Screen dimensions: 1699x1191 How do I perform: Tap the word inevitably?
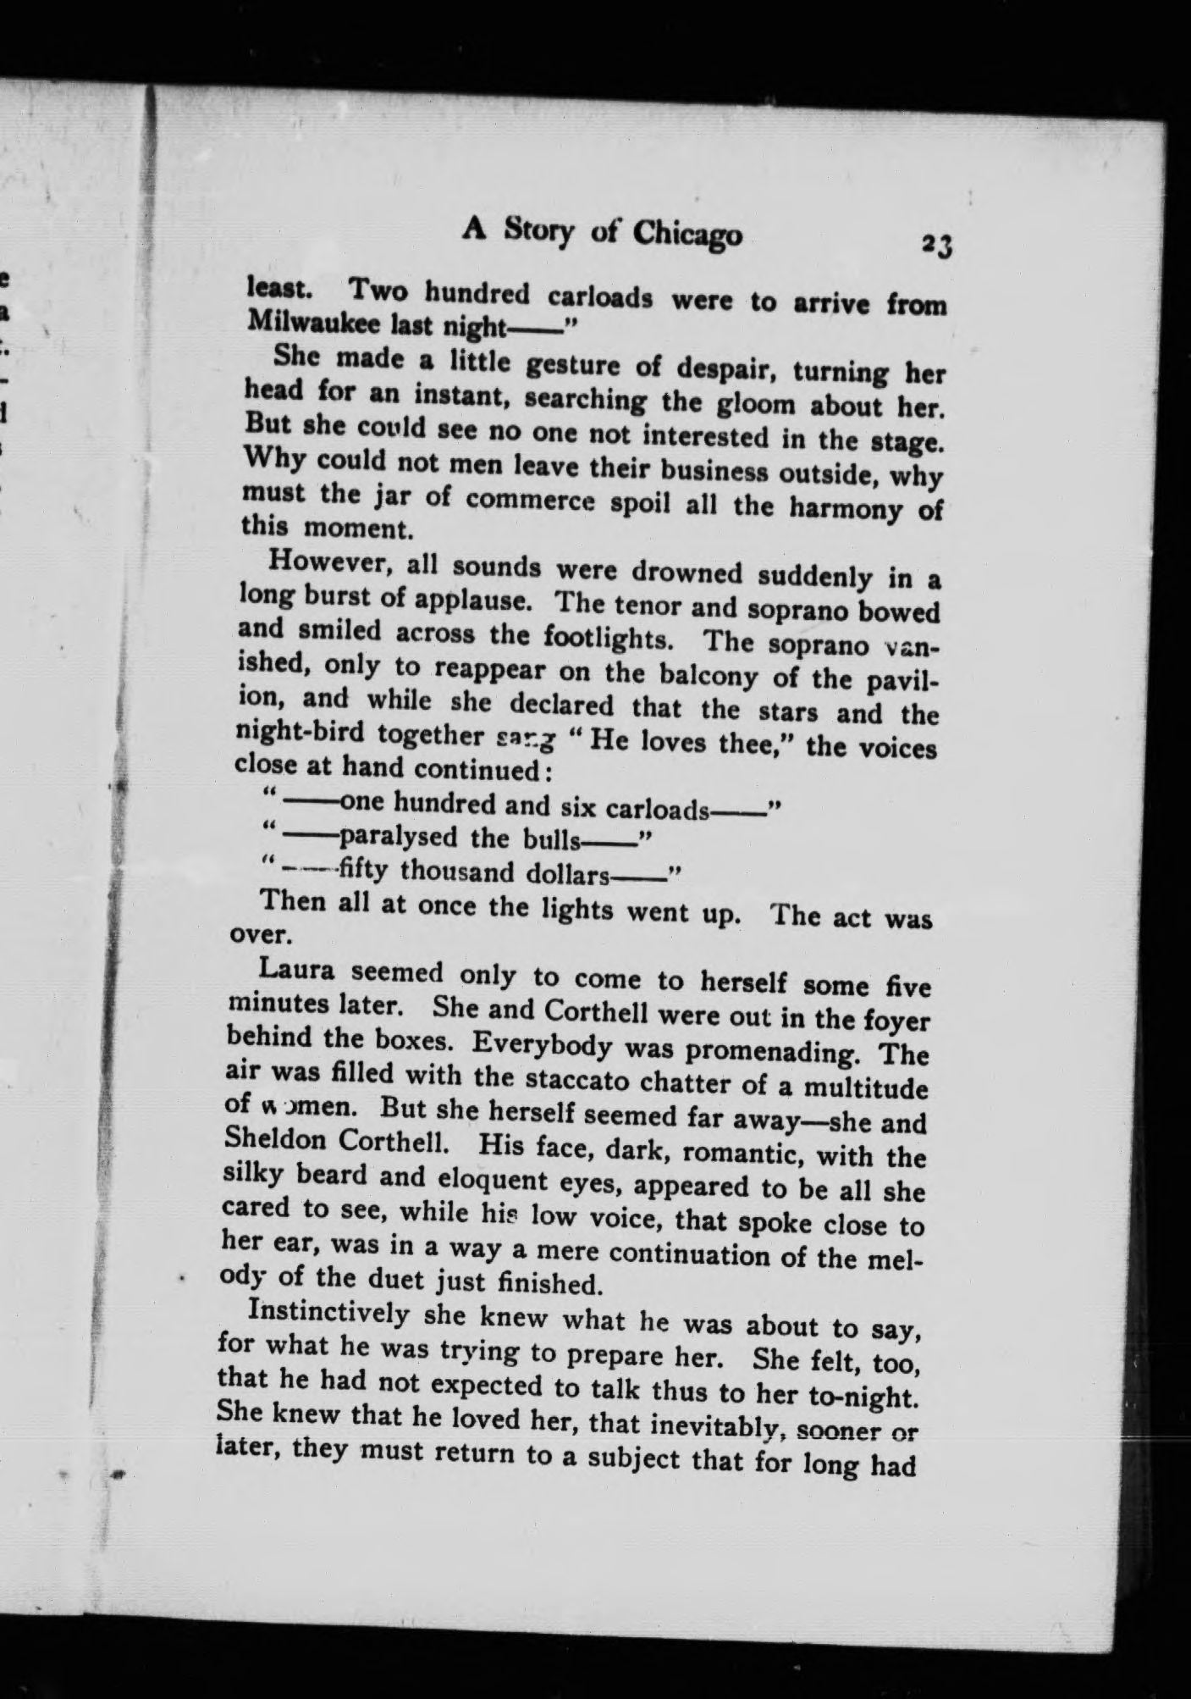(x=724, y=1425)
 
